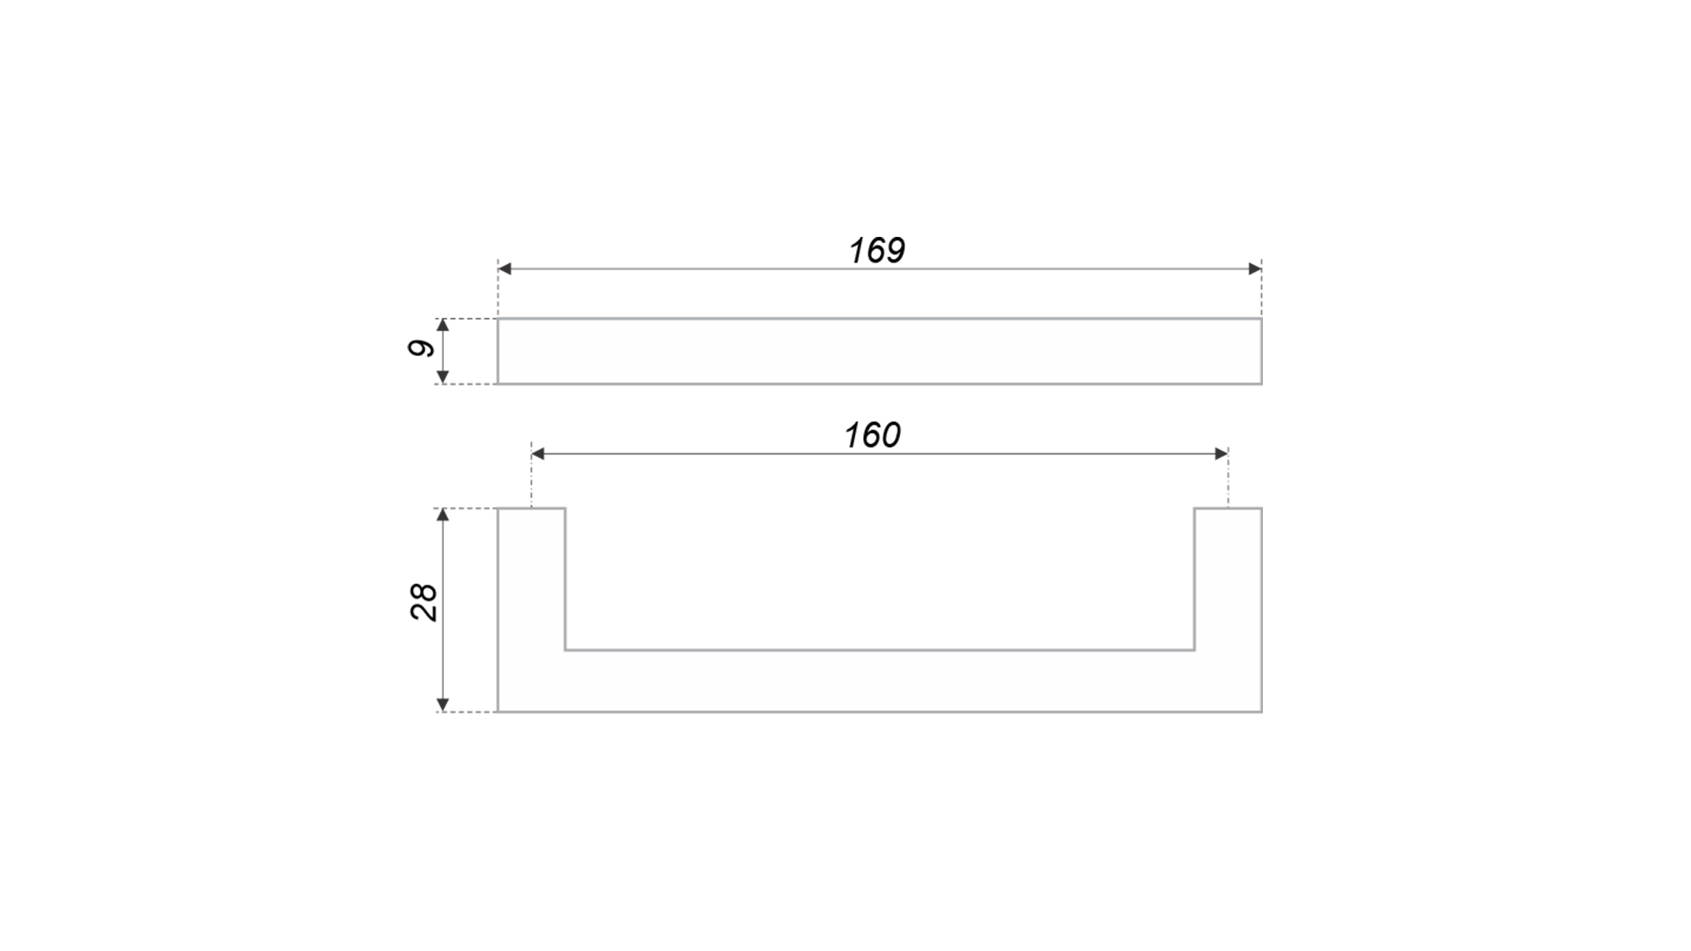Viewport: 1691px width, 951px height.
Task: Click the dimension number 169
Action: click(x=876, y=251)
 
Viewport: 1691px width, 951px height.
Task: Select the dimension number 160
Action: click(x=872, y=435)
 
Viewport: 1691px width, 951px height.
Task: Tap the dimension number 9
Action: click(x=422, y=348)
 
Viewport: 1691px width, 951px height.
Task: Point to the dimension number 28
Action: click(x=424, y=602)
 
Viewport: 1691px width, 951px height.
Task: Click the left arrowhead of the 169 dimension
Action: click(x=505, y=269)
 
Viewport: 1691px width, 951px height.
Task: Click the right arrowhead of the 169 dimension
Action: click(x=1255, y=269)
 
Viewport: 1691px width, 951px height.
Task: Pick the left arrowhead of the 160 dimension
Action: click(x=538, y=453)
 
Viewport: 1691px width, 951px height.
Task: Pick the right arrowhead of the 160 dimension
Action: click(x=1222, y=453)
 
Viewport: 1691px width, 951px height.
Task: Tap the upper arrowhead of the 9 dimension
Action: click(x=443, y=326)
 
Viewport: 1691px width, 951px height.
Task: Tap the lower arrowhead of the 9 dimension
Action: click(x=443, y=377)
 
